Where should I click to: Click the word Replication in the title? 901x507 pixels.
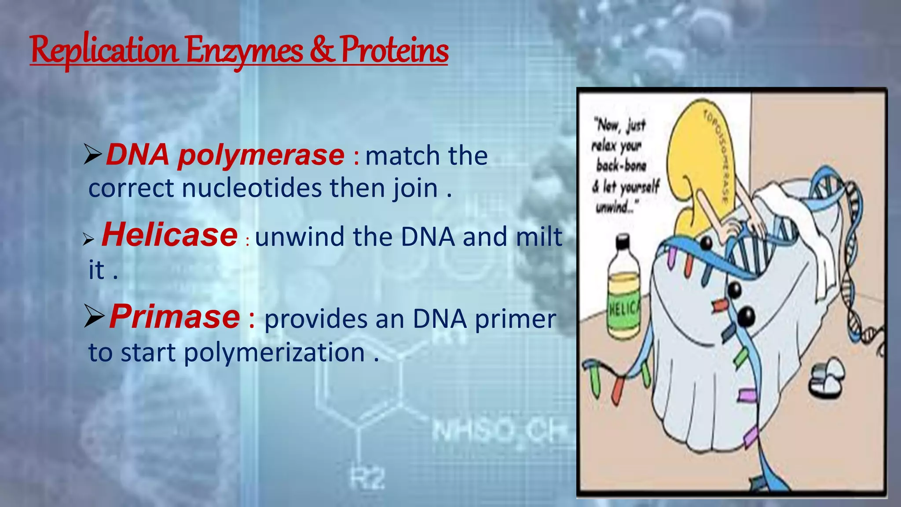105,51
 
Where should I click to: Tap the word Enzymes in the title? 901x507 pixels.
244,51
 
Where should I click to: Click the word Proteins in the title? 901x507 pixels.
395,50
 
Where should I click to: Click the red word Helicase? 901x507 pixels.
170,235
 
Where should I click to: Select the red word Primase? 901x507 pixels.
175,316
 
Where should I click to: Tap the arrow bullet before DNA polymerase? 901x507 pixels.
93,156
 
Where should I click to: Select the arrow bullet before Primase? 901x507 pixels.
94,317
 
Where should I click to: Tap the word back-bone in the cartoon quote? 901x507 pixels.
621,166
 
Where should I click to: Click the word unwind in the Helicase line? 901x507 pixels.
300,237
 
